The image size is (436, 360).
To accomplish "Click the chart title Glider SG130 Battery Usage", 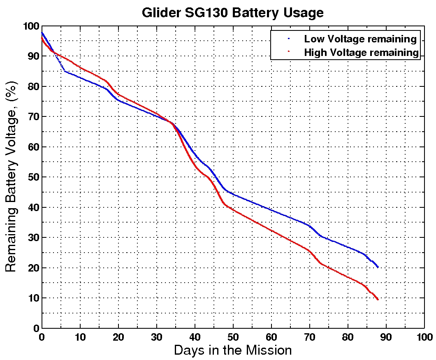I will tap(232, 12).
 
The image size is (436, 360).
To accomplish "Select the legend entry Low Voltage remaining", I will tap(360, 39).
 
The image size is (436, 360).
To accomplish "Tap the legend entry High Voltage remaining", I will tap(361, 52).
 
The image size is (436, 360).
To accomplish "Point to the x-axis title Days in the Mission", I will tap(233, 350).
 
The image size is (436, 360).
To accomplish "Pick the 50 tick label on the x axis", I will tap(233, 337).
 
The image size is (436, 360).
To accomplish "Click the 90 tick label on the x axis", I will tap(386, 337).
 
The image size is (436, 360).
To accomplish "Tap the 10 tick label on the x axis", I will tap(80, 337).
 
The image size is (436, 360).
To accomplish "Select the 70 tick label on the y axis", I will tap(33, 117).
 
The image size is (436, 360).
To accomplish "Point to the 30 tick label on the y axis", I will tap(33, 238).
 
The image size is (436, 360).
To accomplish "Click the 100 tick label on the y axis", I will tap(31, 26).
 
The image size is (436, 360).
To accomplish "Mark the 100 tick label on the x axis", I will tap(424, 337).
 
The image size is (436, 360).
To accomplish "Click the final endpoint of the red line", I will tap(378, 300).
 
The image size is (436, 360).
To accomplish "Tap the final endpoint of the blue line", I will tap(378, 267).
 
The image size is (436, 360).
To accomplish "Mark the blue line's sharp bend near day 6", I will tap(65, 71).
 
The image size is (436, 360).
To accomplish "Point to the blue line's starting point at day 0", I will tap(42, 33).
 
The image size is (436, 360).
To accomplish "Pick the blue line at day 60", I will tap(271, 210).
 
